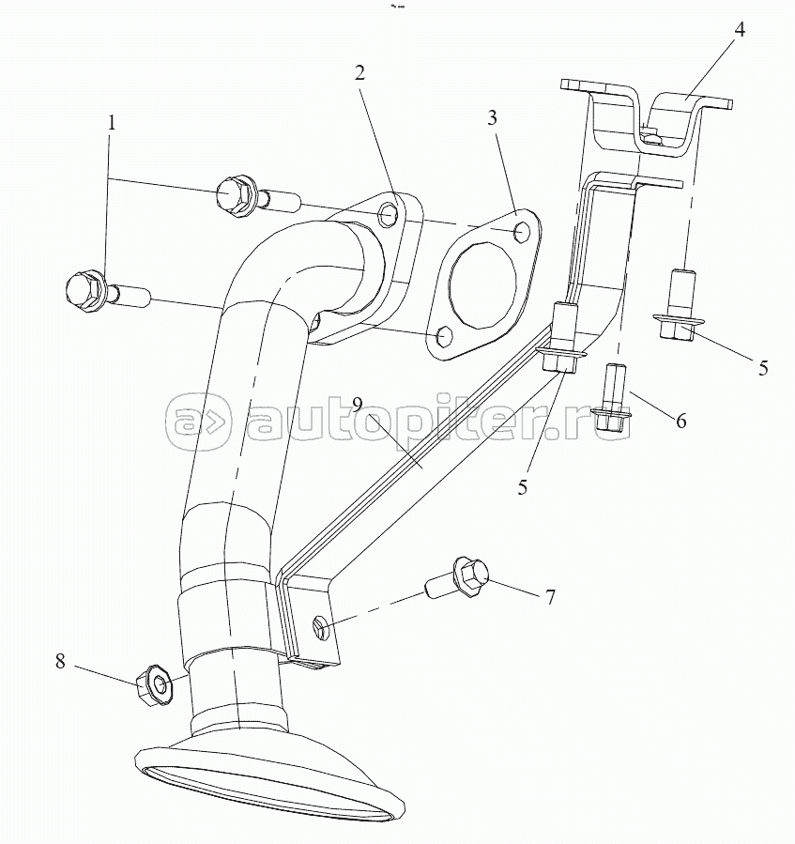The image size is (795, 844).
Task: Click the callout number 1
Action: (x=112, y=123)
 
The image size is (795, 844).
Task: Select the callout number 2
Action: (x=359, y=73)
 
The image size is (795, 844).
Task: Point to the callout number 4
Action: (x=740, y=29)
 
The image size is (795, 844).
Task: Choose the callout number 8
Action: (x=60, y=661)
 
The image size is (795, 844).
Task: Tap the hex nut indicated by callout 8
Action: (x=153, y=684)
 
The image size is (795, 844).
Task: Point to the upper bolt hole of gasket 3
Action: (x=524, y=230)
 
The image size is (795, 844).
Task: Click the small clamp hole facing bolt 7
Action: (x=319, y=624)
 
